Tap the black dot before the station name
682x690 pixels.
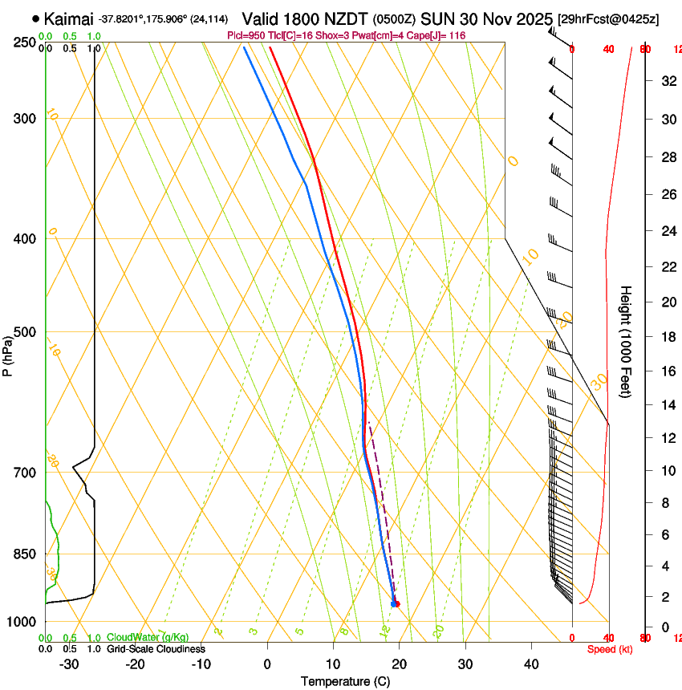[x=36, y=18]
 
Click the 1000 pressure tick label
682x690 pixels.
[x=22, y=622]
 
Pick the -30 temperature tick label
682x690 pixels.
[x=69, y=664]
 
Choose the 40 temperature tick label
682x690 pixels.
[x=531, y=664]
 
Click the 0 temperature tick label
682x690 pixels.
[x=268, y=664]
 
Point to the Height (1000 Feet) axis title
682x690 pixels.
[x=627, y=341]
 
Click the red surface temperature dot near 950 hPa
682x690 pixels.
[x=396, y=603]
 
